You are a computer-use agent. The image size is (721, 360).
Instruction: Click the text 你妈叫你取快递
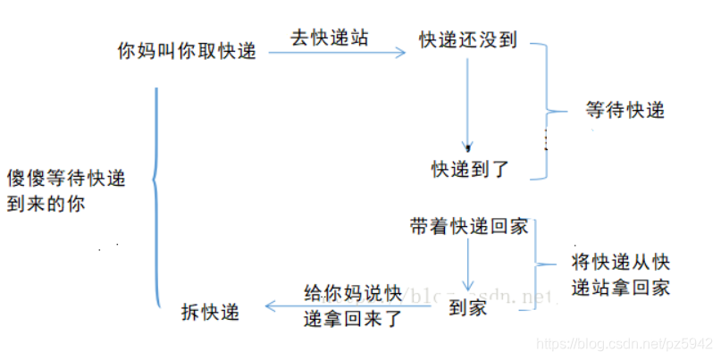pyautogui.click(x=187, y=52)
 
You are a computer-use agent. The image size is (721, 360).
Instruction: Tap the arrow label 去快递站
pyautogui.click(x=330, y=38)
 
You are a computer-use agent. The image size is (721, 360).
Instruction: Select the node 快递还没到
pyautogui.click(x=468, y=41)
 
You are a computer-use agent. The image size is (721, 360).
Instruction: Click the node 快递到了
pyautogui.click(x=469, y=168)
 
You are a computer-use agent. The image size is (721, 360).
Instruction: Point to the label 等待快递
pyautogui.click(x=625, y=111)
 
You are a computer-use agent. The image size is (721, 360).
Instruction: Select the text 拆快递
pyautogui.click(x=210, y=312)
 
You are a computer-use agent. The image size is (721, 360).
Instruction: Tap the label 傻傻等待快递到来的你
pyautogui.click(x=66, y=190)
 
